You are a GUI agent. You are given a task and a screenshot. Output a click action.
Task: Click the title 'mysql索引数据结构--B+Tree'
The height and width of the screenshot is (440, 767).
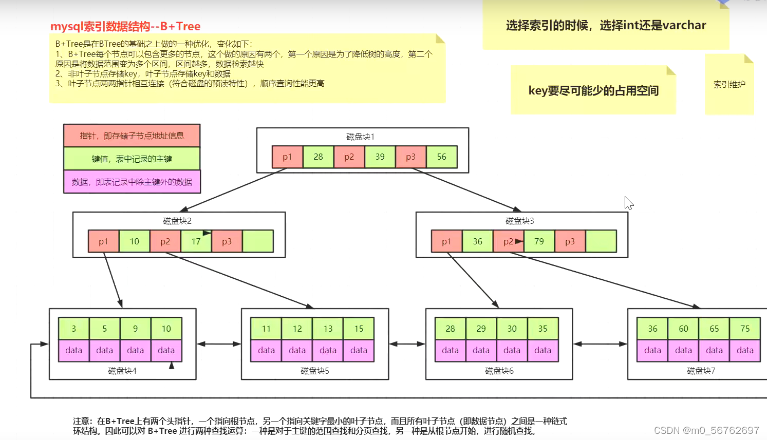point(125,27)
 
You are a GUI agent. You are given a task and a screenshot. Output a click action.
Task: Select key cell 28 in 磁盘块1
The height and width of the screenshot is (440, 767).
point(319,157)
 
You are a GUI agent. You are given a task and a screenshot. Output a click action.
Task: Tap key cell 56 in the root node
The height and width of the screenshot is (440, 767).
point(442,157)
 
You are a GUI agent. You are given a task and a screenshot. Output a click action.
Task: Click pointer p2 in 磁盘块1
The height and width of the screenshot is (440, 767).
point(349,157)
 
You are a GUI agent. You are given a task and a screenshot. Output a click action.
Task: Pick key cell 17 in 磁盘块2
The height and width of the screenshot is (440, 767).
point(196,241)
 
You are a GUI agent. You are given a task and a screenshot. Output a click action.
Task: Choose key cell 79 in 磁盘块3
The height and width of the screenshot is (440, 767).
point(539,241)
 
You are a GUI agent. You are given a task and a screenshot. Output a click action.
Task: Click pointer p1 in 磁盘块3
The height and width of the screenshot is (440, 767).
point(446,241)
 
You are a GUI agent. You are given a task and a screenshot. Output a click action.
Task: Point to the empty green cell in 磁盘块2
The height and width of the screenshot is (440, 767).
point(258,241)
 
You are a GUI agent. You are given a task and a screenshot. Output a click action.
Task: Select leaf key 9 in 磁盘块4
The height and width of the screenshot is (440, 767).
point(136,329)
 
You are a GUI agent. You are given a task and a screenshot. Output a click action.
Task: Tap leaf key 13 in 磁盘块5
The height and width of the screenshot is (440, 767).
point(328,329)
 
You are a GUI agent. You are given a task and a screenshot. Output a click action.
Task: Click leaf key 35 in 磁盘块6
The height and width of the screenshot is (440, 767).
point(542,329)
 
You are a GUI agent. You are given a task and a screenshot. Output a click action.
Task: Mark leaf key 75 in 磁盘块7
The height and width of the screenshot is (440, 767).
point(745,329)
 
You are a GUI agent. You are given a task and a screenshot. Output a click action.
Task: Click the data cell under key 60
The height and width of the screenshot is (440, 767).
point(683,350)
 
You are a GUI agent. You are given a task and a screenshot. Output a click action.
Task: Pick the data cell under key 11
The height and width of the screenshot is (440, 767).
point(266,350)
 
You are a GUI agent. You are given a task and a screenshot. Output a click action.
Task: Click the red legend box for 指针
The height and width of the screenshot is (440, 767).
point(132,136)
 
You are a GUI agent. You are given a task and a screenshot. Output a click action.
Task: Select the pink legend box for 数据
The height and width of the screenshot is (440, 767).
point(132,182)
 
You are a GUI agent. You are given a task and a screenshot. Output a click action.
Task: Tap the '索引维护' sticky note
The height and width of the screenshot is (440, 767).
point(729,85)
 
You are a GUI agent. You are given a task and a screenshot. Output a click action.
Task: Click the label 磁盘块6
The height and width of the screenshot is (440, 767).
point(499,371)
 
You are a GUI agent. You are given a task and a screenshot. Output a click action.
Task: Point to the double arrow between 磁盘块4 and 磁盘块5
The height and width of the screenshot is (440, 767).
point(219,344)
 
